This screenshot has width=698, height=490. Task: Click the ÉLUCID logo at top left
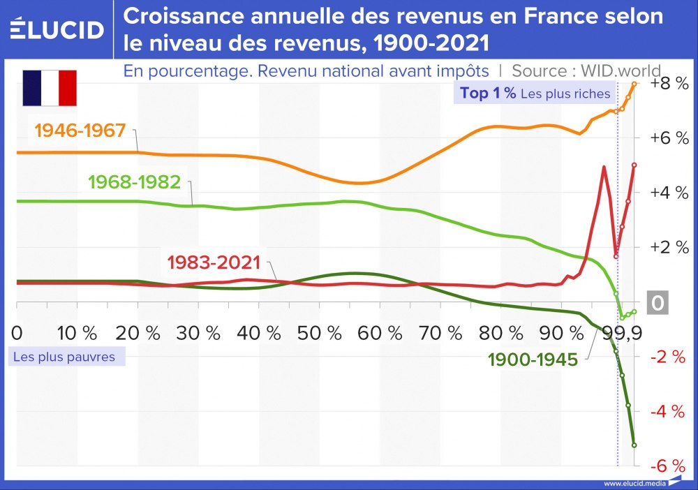[57, 29]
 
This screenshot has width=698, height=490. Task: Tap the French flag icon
[50, 88]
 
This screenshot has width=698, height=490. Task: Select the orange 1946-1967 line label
[80, 131]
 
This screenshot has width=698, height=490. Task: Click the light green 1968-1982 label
[134, 182]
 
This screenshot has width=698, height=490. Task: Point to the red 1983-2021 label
[214, 263]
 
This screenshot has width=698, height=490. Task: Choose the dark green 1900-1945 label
[533, 359]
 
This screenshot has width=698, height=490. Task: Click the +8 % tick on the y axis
[668, 84]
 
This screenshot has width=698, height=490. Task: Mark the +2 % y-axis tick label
[668, 248]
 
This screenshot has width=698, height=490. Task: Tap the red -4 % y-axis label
[668, 412]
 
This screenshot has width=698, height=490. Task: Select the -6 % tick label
[668, 466]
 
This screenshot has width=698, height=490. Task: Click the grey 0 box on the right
[658, 304]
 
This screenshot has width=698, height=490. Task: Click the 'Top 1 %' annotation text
[487, 94]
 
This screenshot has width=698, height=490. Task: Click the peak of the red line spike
[603, 167]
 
